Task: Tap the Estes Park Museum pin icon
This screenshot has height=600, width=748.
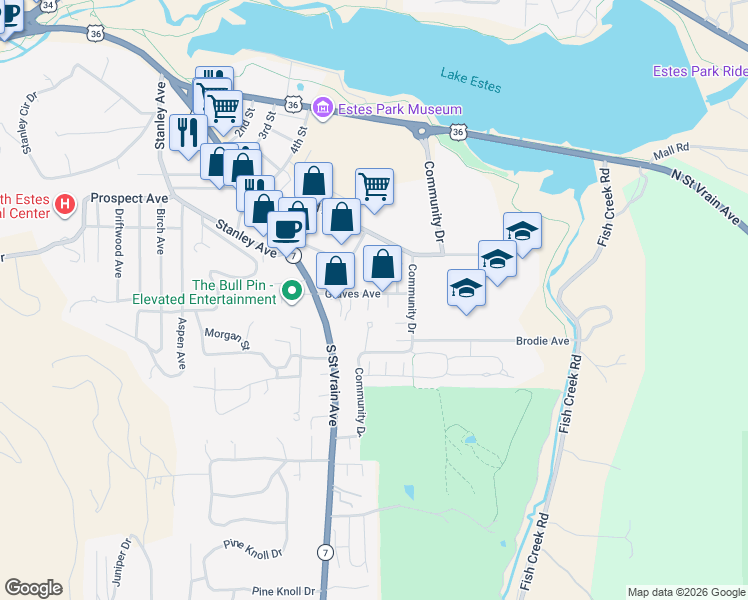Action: [322, 107]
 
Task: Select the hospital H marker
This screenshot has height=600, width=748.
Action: [65, 205]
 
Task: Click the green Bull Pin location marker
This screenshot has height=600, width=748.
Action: [292, 291]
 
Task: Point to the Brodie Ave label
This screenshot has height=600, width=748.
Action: [542, 341]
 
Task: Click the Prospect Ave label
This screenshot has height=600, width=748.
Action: [129, 198]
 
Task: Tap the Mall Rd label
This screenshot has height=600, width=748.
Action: [671, 148]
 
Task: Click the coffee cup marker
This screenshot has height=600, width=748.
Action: [287, 228]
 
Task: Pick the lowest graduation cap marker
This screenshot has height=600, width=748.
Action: [466, 288]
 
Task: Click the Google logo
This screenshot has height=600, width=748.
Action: [33, 588]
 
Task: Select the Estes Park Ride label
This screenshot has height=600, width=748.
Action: [699, 71]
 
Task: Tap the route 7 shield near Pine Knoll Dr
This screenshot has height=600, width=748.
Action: [325, 552]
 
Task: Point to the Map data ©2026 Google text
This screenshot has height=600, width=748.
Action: [686, 592]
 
